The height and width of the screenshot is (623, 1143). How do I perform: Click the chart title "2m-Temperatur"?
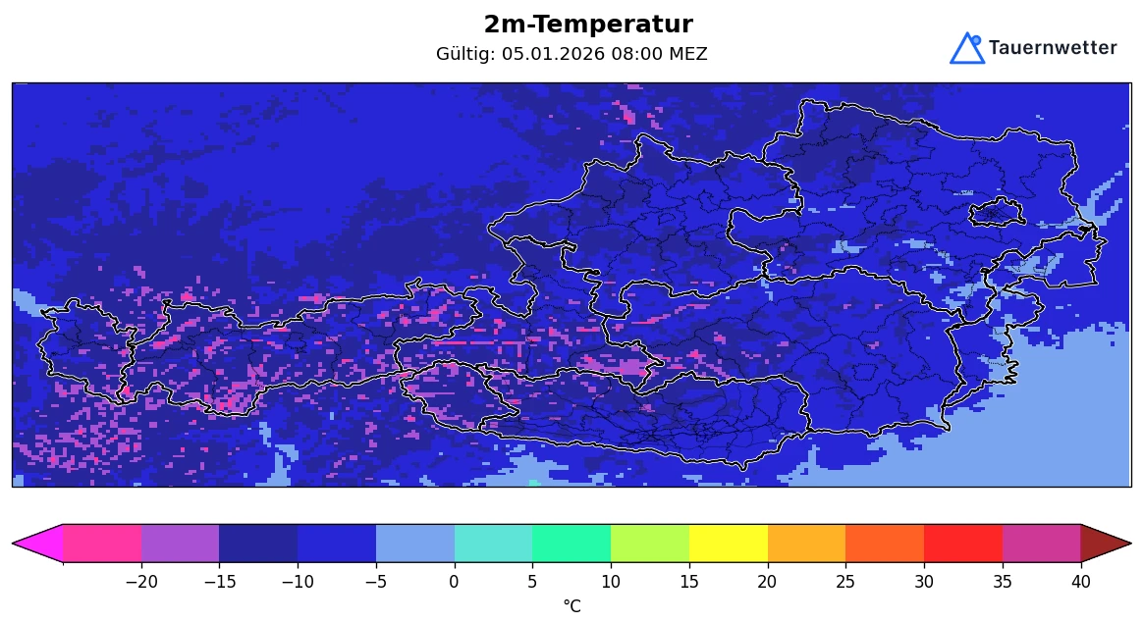587,26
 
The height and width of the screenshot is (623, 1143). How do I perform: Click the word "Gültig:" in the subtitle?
466,54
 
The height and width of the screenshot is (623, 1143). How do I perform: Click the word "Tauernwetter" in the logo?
1052,48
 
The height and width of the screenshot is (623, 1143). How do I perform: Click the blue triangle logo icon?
966,49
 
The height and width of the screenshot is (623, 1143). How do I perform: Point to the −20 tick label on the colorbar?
141,581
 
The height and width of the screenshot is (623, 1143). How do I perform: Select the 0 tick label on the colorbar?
454,581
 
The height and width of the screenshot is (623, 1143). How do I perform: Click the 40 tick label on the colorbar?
1080,581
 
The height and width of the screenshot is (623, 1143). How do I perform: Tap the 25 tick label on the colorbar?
845,581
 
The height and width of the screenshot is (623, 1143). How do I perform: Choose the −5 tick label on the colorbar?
376,581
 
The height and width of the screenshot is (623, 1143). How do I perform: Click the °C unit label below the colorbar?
571,606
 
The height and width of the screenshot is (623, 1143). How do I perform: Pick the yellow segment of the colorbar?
728,543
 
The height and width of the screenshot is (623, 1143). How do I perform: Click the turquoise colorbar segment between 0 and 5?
493,543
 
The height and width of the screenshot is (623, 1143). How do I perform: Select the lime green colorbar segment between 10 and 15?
649,543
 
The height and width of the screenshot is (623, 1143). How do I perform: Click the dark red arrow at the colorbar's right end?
1104,543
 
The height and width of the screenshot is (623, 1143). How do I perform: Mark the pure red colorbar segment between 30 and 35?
962,543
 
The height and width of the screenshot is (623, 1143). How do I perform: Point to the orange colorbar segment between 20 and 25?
806,543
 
